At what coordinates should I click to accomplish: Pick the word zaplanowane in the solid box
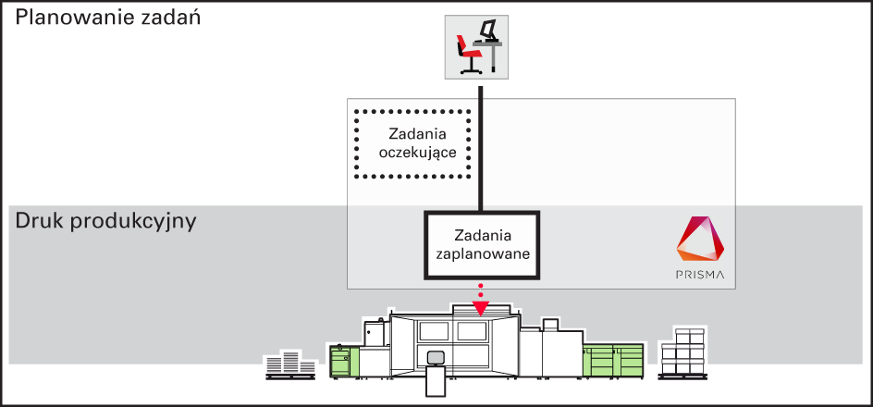pyautogui.click(x=482, y=253)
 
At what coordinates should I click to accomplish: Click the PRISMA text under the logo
pyautogui.click(x=700, y=275)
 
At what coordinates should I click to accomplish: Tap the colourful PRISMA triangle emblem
pyautogui.click(x=700, y=239)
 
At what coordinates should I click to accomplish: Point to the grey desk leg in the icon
pyautogui.click(x=494, y=58)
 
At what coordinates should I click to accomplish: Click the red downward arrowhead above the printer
pyautogui.click(x=480, y=308)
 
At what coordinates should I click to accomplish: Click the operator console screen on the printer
pyautogui.click(x=435, y=357)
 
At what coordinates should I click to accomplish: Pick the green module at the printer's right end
pyautogui.click(x=613, y=360)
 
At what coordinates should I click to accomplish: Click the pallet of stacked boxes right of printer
pyautogui.click(x=682, y=354)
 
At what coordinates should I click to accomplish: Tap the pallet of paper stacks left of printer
pyautogui.click(x=290, y=365)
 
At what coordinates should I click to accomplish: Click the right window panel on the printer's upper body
pyautogui.click(x=471, y=332)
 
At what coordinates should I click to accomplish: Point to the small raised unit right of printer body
pyautogui.click(x=550, y=325)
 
